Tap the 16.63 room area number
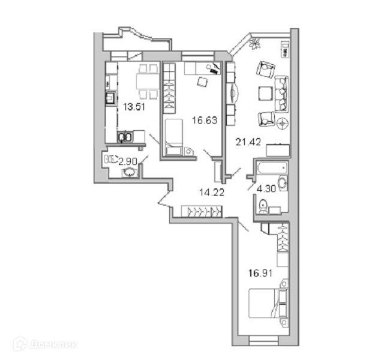(204, 119)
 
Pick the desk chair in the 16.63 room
(202, 80)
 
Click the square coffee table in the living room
(265, 94)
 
